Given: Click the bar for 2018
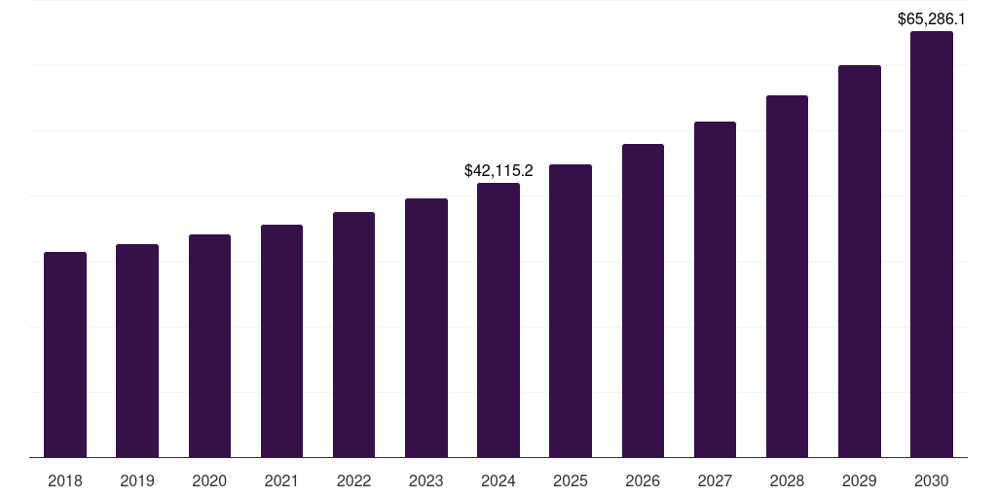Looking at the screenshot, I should tap(65, 355).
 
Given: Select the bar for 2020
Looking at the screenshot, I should tap(209, 346).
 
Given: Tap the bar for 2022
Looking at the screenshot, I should tap(353, 335).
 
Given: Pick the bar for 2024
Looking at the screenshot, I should tap(498, 320).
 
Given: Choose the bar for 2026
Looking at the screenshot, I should tap(643, 301).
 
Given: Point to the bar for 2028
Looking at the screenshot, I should tap(787, 276).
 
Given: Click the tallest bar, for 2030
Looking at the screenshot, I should tap(932, 244).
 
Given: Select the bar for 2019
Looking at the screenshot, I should tap(137, 351).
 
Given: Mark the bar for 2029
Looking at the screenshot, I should tap(860, 262).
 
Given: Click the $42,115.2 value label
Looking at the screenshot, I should tap(498, 171).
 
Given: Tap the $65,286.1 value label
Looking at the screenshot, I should tap(931, 18).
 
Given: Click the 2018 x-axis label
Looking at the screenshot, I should tap(65, 480).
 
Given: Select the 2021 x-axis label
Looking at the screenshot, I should tap(281, 480).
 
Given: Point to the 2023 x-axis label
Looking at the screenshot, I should tap(426, 480).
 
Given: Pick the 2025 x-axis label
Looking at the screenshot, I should tap(571, 480).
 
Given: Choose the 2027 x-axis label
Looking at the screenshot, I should tap(715, 480).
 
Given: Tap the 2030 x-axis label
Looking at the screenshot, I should tap(932, 480).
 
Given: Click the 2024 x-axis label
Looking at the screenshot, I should tap(498, 480).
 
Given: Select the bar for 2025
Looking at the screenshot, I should tap(571, 311).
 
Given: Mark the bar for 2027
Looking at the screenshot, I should tap(715, 290).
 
